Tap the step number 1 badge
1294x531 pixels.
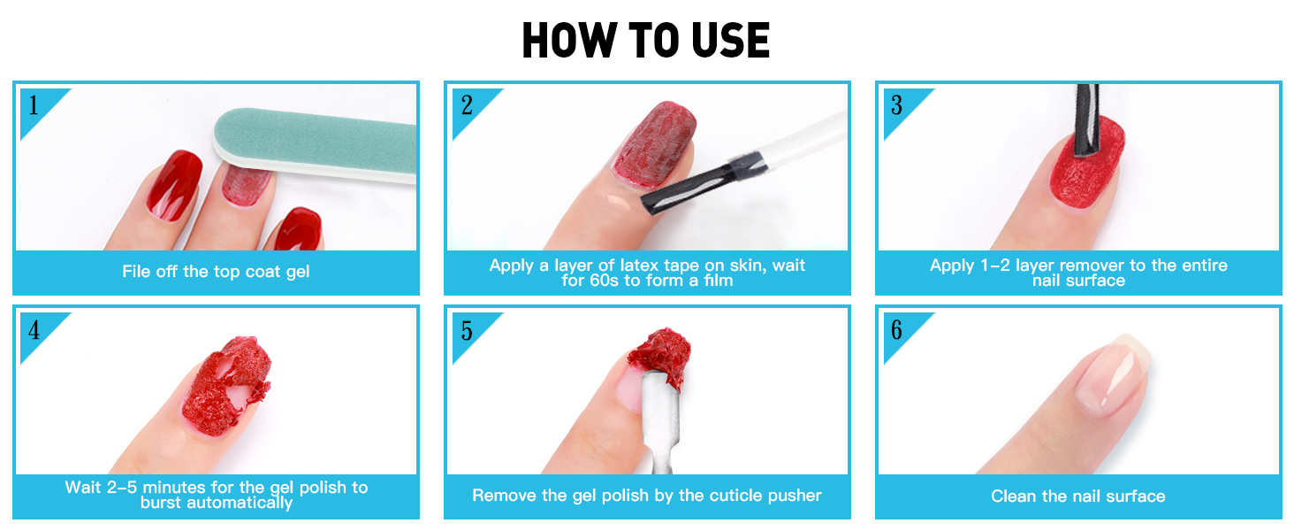tap(34, 106)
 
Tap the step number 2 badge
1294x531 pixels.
tap(466, 106)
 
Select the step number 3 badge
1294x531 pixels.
tap(896, 106)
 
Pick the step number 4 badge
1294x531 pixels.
tap(34, 331)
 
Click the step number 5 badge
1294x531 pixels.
tap(466, 331)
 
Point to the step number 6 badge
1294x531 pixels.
tap(896, 331)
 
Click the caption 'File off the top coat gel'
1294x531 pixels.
tap(216, 272)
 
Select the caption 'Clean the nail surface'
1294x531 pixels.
tap(1077, 496)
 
